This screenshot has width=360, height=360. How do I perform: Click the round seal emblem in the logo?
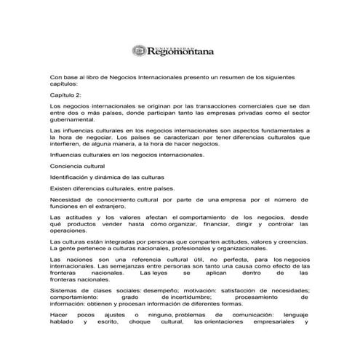point(139,50)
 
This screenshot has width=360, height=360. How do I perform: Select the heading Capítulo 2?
point(69,95)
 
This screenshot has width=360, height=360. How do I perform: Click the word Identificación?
point(73,177)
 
